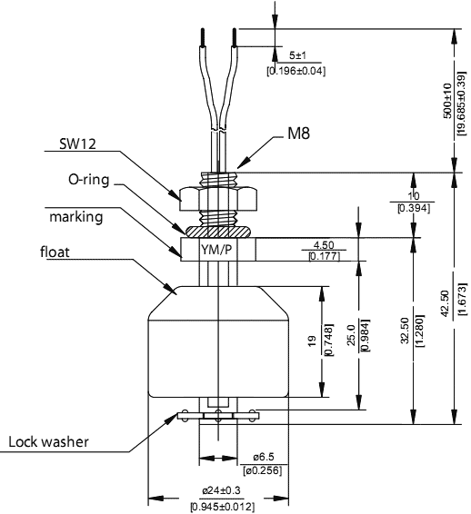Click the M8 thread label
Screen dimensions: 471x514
(298, 133)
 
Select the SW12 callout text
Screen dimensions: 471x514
(77, 143)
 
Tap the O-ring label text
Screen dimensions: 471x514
(88, 180)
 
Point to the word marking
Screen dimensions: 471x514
(75, 217)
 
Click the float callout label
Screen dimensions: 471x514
(55, 252)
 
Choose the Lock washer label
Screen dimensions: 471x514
(48, 442)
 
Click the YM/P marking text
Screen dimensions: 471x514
(216, 250)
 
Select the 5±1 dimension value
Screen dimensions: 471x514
(297, 55)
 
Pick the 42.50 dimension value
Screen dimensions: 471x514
(445, 303)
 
